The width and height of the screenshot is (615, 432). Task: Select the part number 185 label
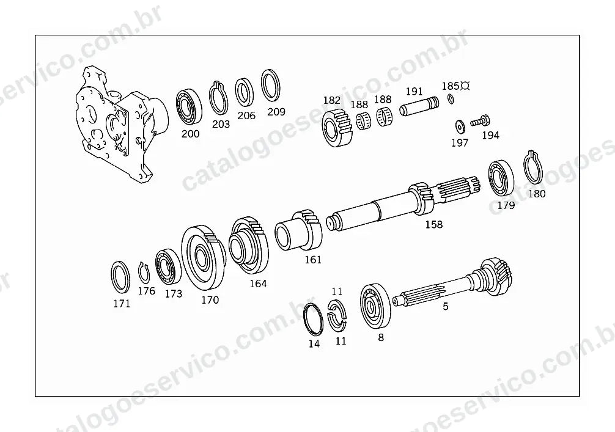coord(451,86)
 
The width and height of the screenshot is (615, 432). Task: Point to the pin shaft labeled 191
coord(419,106)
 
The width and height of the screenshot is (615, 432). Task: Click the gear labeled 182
coord(337,127)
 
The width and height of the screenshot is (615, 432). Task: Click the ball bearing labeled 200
coord(189,107)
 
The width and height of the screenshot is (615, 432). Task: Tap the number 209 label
coord(276,112)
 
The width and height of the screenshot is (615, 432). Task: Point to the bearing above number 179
coord(501,178)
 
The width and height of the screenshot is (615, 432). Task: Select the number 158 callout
coord(434,225)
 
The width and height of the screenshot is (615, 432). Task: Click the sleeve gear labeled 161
coord(298,232)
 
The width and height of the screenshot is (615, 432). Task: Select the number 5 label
coord(445,306)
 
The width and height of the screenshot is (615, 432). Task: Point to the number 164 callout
coord(258,284)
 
